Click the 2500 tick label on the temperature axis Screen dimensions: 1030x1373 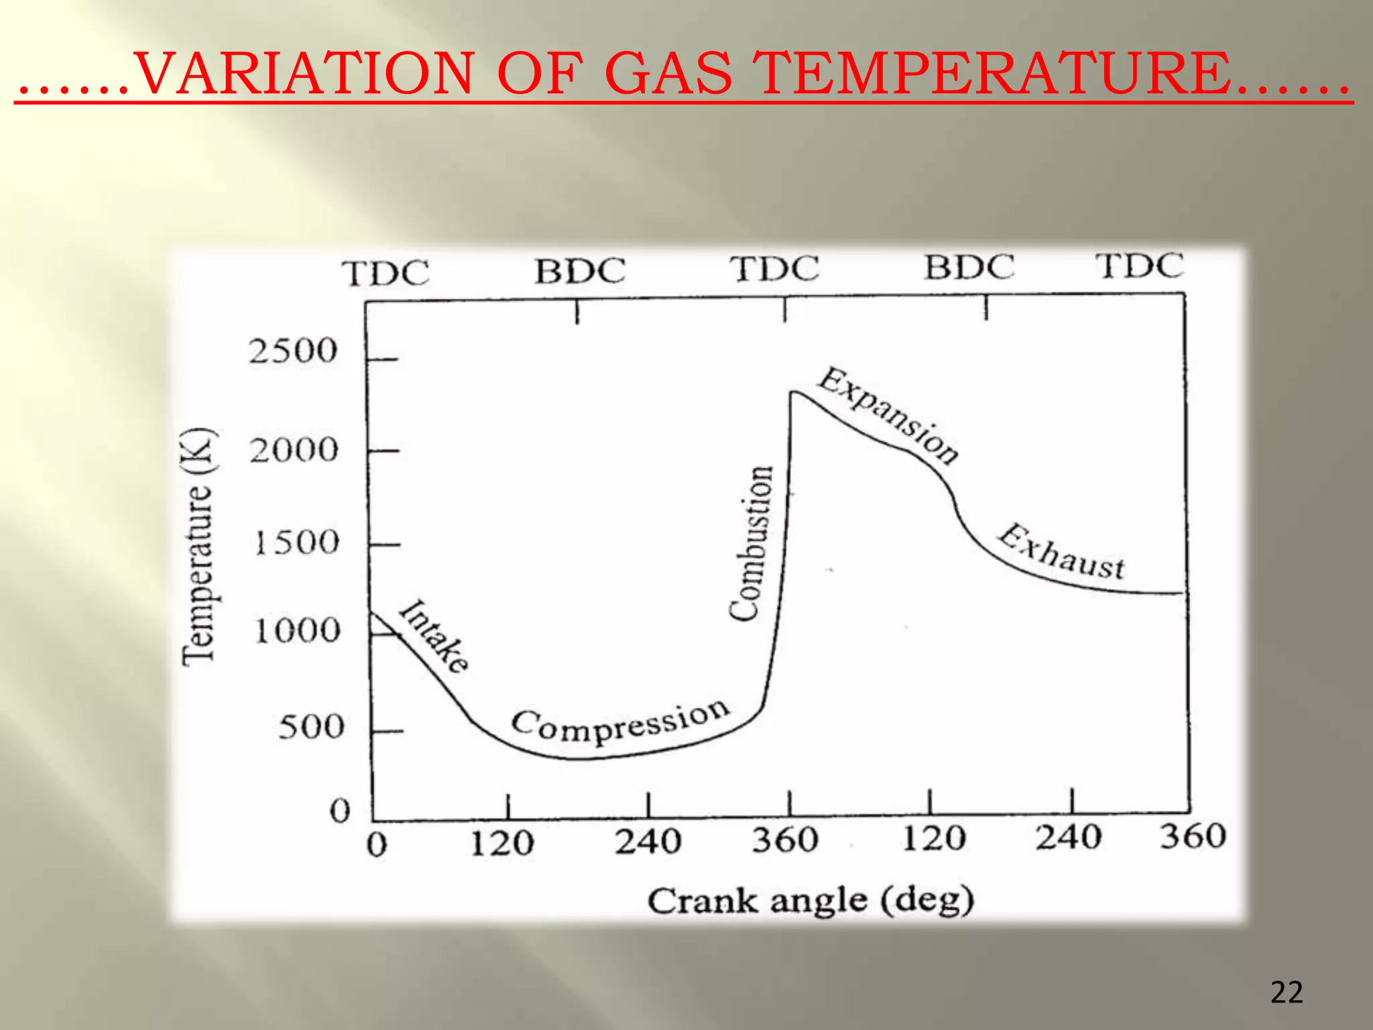tap(292, 351)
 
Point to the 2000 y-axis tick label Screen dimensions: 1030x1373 tap(294, 450)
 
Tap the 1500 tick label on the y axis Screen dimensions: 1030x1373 tap(296, 542)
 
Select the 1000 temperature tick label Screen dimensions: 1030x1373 tap(298, 631)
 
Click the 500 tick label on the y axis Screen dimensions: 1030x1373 tap(311, 727)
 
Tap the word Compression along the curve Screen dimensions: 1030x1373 tap(620, 723)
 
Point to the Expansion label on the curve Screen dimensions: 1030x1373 tap(888, 415)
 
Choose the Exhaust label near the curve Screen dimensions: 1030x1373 tap(1061, 553)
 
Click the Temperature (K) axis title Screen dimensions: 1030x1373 tap(198, 547)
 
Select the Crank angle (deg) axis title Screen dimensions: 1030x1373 tap(810, 901)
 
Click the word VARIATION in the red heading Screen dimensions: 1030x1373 tap(304, 73)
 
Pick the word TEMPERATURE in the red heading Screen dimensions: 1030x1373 tap(992, 73)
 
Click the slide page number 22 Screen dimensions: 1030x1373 tap(1287, 992)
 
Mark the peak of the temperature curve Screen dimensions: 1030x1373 tap(793, 392)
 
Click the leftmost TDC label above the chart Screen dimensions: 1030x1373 tap(385, 274)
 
